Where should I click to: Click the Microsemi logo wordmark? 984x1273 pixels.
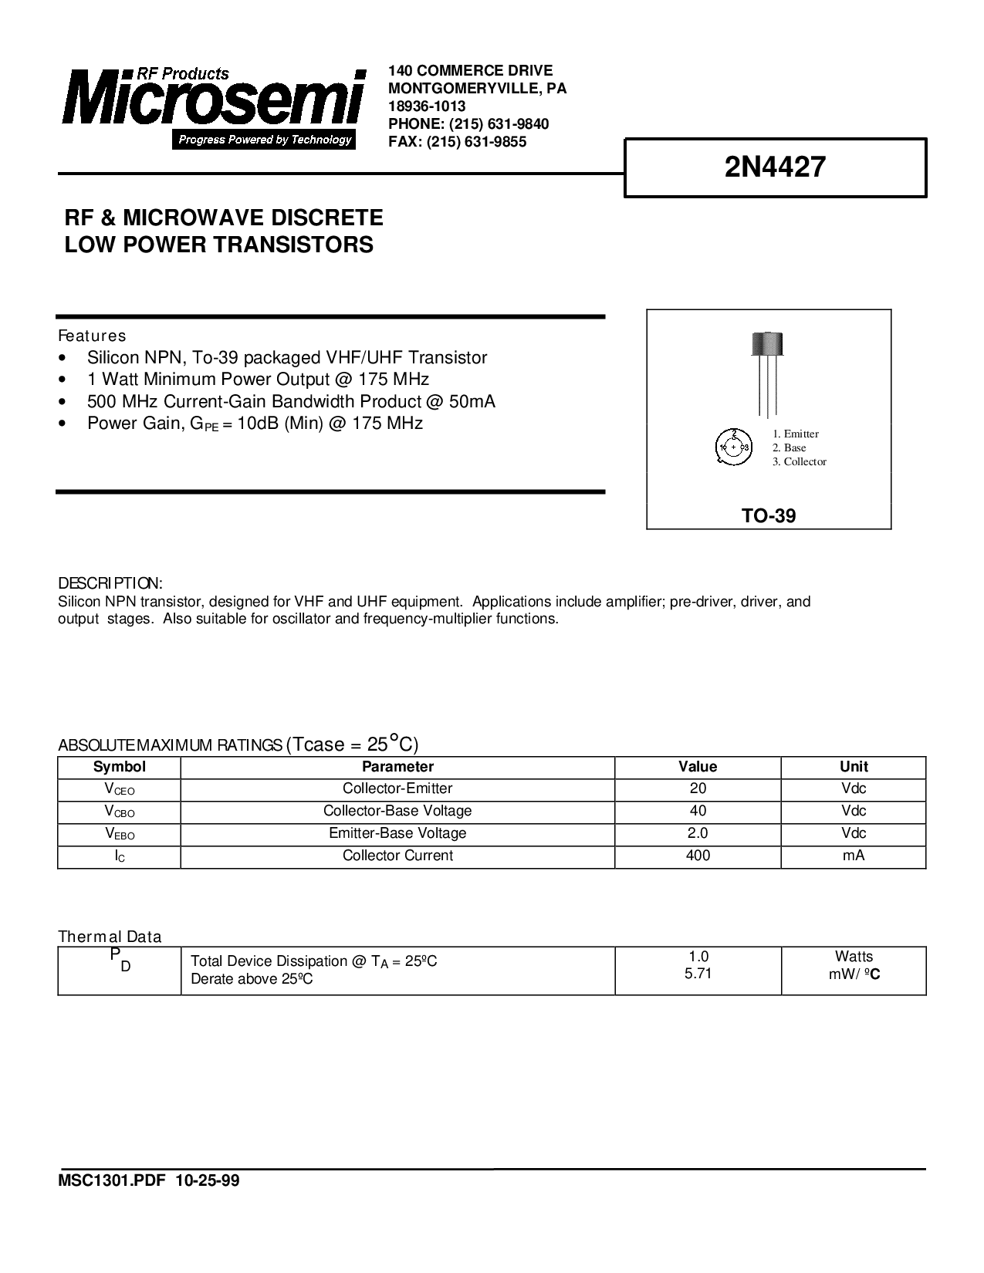(212, 100)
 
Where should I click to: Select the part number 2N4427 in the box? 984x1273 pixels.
(775, 167)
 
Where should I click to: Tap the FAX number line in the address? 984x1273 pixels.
(457, 142)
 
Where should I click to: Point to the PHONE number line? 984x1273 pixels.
(468, 124)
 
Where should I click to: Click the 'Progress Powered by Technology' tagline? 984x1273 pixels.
(265, 140)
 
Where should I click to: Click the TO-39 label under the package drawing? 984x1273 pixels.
(769, 516)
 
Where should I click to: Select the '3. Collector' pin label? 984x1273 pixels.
(799, 461)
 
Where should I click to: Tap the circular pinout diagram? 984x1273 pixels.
(733, 447)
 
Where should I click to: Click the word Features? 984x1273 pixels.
(92, 336)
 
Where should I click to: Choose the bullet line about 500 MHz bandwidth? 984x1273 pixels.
(291, 401)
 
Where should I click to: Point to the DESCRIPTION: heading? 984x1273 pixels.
(110, 582)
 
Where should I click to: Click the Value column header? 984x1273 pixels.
(698, 767)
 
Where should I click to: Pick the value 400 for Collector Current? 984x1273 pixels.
(698, 856)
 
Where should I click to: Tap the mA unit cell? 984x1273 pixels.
(854, 856)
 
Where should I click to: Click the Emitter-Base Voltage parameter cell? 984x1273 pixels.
(397, 833)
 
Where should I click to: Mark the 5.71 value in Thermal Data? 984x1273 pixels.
(698, 974)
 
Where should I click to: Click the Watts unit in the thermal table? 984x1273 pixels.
(854, 957)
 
